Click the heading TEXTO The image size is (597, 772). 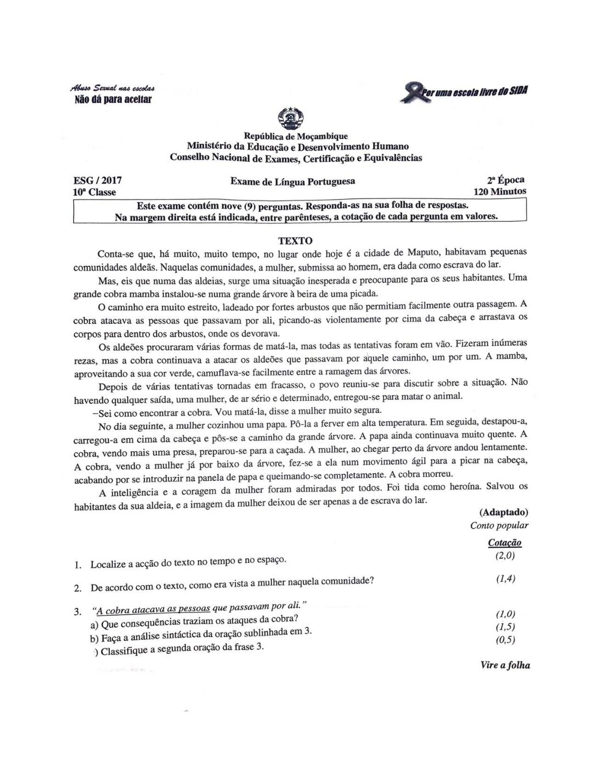click(x=295, y=241)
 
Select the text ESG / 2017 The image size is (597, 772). click(x=98, y=180)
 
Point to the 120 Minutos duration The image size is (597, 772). click(x=499, y=191)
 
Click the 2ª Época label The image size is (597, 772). click(x=505, y=180)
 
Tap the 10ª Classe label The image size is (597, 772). click(x=94, y=192)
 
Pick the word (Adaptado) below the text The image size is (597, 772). click(x=503, y=513)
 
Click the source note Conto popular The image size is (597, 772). click(x=499, y=525)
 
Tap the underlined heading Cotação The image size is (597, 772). click(x=504, y=543)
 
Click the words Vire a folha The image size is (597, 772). click(x=505, y=665)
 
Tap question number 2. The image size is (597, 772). click(x=78, y=588)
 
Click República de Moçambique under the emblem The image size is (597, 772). click(x=296, y=136)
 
